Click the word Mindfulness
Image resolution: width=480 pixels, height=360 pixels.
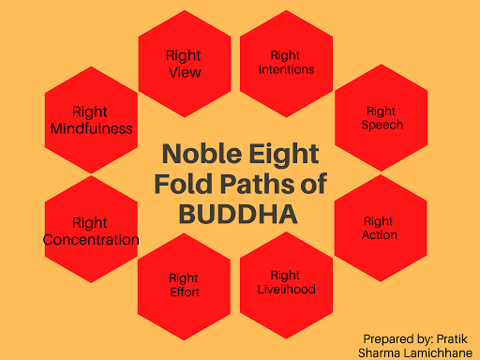click(x=91, y=128)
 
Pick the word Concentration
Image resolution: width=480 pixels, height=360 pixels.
click(x=91, y=240)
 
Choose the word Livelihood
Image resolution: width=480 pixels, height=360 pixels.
click(x=285, y=289)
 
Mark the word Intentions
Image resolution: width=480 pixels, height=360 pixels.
click(x=285, y=69)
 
